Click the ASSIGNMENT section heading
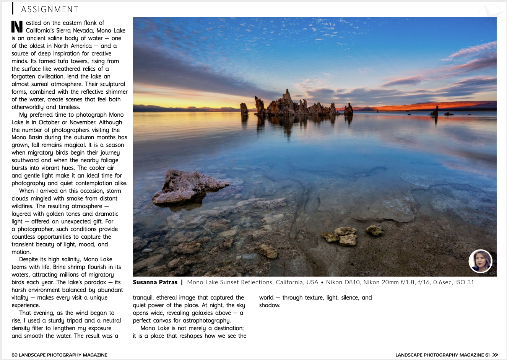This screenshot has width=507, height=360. coord(50,9)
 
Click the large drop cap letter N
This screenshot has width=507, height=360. coord(17,26)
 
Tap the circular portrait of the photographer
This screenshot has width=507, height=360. coord(480,261)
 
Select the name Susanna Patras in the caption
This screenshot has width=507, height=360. coord(155,282)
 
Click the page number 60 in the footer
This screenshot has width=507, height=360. coord(14,355)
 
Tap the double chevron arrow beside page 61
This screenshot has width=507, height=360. coord(496,355)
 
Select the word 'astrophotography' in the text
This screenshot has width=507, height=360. coord(206,321)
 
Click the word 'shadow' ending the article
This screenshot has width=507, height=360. coord(269,305)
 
